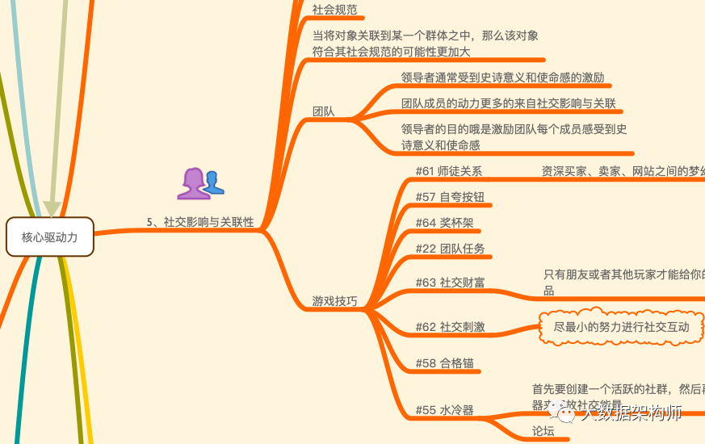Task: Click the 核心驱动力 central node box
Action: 50,237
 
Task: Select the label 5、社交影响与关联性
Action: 200,222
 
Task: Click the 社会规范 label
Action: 334,10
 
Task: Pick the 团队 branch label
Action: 323,111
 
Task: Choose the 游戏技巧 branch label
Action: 334,301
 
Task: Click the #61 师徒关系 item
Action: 448,171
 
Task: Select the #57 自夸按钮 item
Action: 450,197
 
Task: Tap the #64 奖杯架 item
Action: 444,223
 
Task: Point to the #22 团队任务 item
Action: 450,249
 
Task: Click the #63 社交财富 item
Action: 450,283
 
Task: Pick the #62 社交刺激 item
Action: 450,327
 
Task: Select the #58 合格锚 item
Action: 444,362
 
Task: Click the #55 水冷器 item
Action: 444,410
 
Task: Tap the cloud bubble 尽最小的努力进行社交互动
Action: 621,327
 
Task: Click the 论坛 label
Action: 543,431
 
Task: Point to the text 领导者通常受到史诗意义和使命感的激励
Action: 502,77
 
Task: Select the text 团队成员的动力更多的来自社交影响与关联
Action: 508,103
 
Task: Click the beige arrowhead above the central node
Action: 52,208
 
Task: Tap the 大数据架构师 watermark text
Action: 631,413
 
